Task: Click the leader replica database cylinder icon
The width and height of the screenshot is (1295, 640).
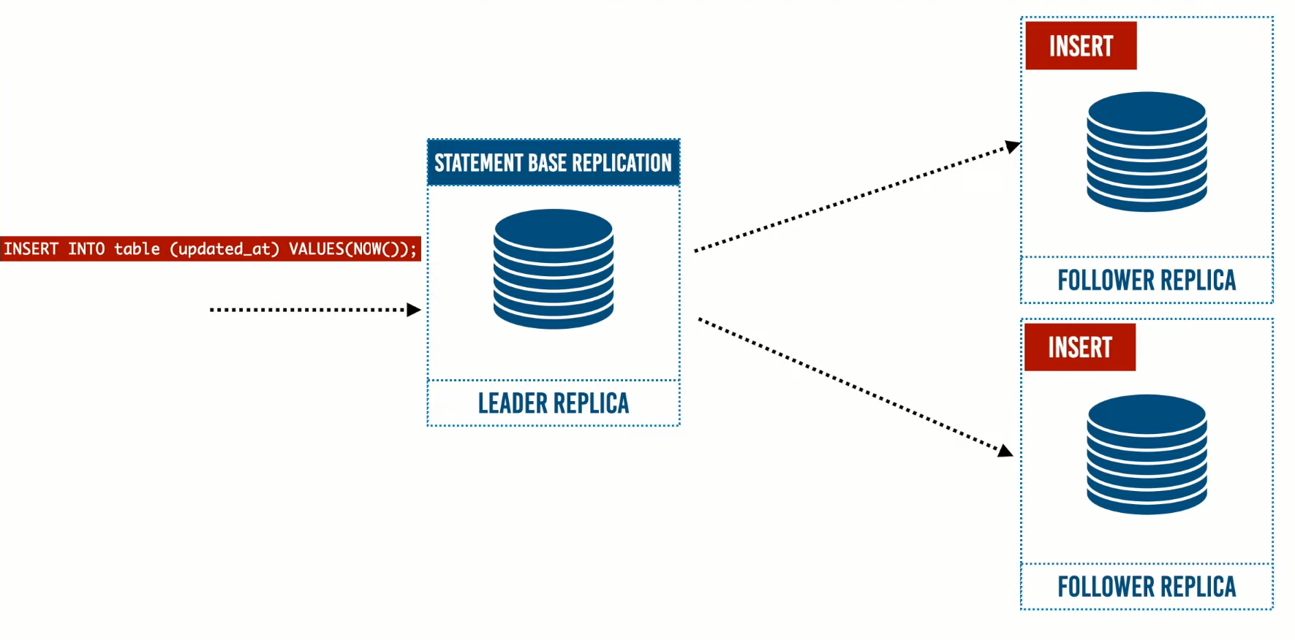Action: point(554,268)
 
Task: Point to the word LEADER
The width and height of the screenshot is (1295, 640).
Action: point(513,403)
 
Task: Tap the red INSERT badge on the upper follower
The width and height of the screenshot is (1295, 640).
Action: point(1081,46)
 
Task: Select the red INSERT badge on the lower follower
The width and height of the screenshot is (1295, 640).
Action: point(1080,347)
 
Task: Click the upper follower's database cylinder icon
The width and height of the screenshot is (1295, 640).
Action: point(1147,151)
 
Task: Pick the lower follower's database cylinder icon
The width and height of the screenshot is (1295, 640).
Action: point(1147,454)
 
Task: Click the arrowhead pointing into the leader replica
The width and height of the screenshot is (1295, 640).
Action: point(415,310)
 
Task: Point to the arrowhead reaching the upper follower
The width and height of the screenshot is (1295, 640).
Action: point(1013,146)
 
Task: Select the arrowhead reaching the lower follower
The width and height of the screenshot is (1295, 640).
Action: point(1006,451)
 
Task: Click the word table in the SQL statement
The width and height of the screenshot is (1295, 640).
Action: point(137,249)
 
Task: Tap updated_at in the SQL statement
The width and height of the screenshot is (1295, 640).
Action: point(224,249)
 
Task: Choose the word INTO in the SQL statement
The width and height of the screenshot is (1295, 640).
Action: point(86,249)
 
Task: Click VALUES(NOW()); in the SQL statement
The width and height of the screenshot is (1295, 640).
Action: point(352,249)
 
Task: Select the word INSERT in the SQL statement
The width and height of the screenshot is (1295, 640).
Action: point(31,249)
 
